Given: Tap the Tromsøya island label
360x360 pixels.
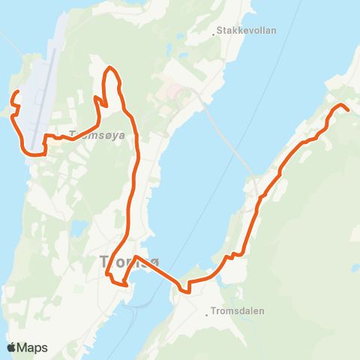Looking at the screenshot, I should click(96, 136).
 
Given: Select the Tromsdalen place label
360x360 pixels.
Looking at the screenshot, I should click(238, 310).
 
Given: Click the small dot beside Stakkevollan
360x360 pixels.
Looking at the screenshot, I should click(213, 32).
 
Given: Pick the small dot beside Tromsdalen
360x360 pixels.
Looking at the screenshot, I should click(207, 315).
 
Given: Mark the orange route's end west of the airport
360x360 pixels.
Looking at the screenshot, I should click(16, 92).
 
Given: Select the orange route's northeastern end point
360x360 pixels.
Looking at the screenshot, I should click(349, 110).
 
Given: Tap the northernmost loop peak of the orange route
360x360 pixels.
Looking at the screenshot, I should click(111, 68).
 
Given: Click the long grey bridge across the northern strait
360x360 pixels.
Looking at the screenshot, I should click(225, 135).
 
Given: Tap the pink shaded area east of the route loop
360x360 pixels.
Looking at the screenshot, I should click(174, 93).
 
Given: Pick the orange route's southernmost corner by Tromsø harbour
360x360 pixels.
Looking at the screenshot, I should click(124, 286).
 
